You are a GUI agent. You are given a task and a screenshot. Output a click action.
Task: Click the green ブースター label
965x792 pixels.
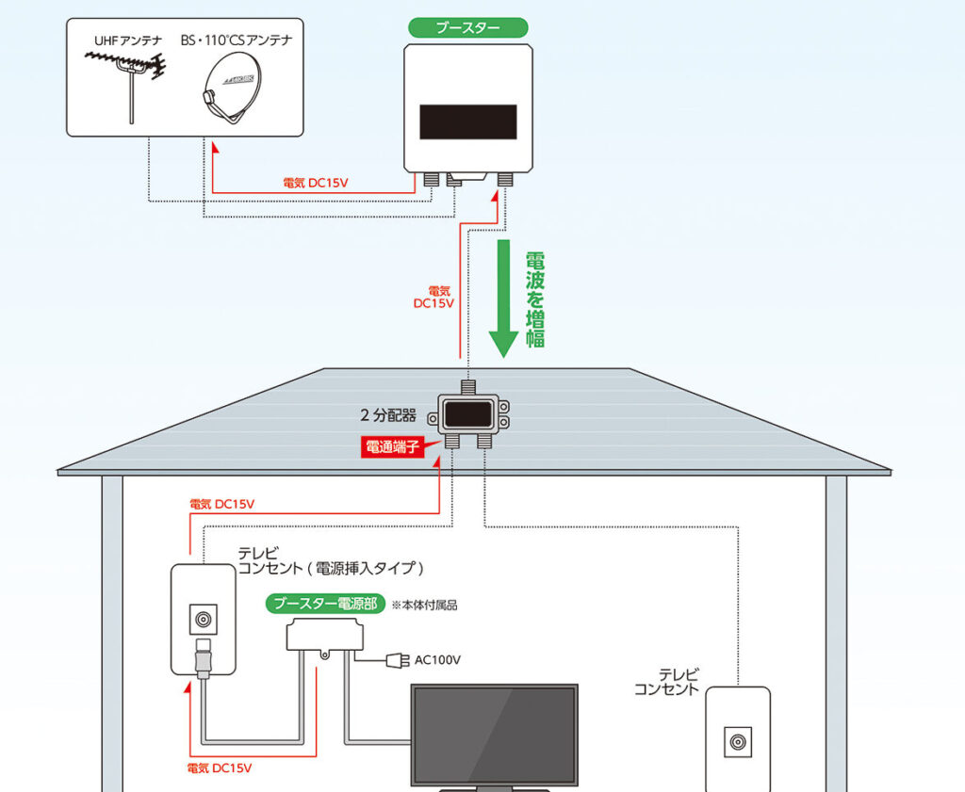[467, 27]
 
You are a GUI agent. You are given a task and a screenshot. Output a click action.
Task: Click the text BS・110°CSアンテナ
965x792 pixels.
[237, 40]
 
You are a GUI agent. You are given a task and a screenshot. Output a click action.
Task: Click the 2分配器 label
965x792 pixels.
[386, 413]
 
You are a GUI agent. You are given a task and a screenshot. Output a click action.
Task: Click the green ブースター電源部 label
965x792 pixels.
[326, 604]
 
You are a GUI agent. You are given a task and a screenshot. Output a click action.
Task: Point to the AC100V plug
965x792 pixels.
[396, 660]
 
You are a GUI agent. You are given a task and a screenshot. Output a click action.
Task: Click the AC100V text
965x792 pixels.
[437, 660]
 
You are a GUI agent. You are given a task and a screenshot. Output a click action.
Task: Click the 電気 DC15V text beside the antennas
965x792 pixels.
[316, 183]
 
